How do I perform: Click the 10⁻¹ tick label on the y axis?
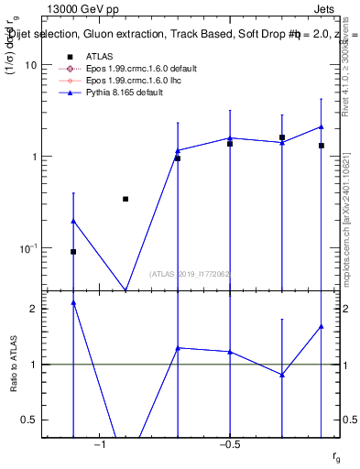[27, 248]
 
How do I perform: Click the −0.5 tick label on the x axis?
[229, 444]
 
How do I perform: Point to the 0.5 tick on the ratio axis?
[28, 420]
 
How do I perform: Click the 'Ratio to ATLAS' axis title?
[13, 365]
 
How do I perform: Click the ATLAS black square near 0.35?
[125, 199]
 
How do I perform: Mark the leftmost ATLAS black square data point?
[73, 251]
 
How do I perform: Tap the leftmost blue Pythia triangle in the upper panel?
[73, 221]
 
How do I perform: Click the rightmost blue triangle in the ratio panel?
[322, 326]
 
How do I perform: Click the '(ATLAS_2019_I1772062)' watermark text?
[191, 273]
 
